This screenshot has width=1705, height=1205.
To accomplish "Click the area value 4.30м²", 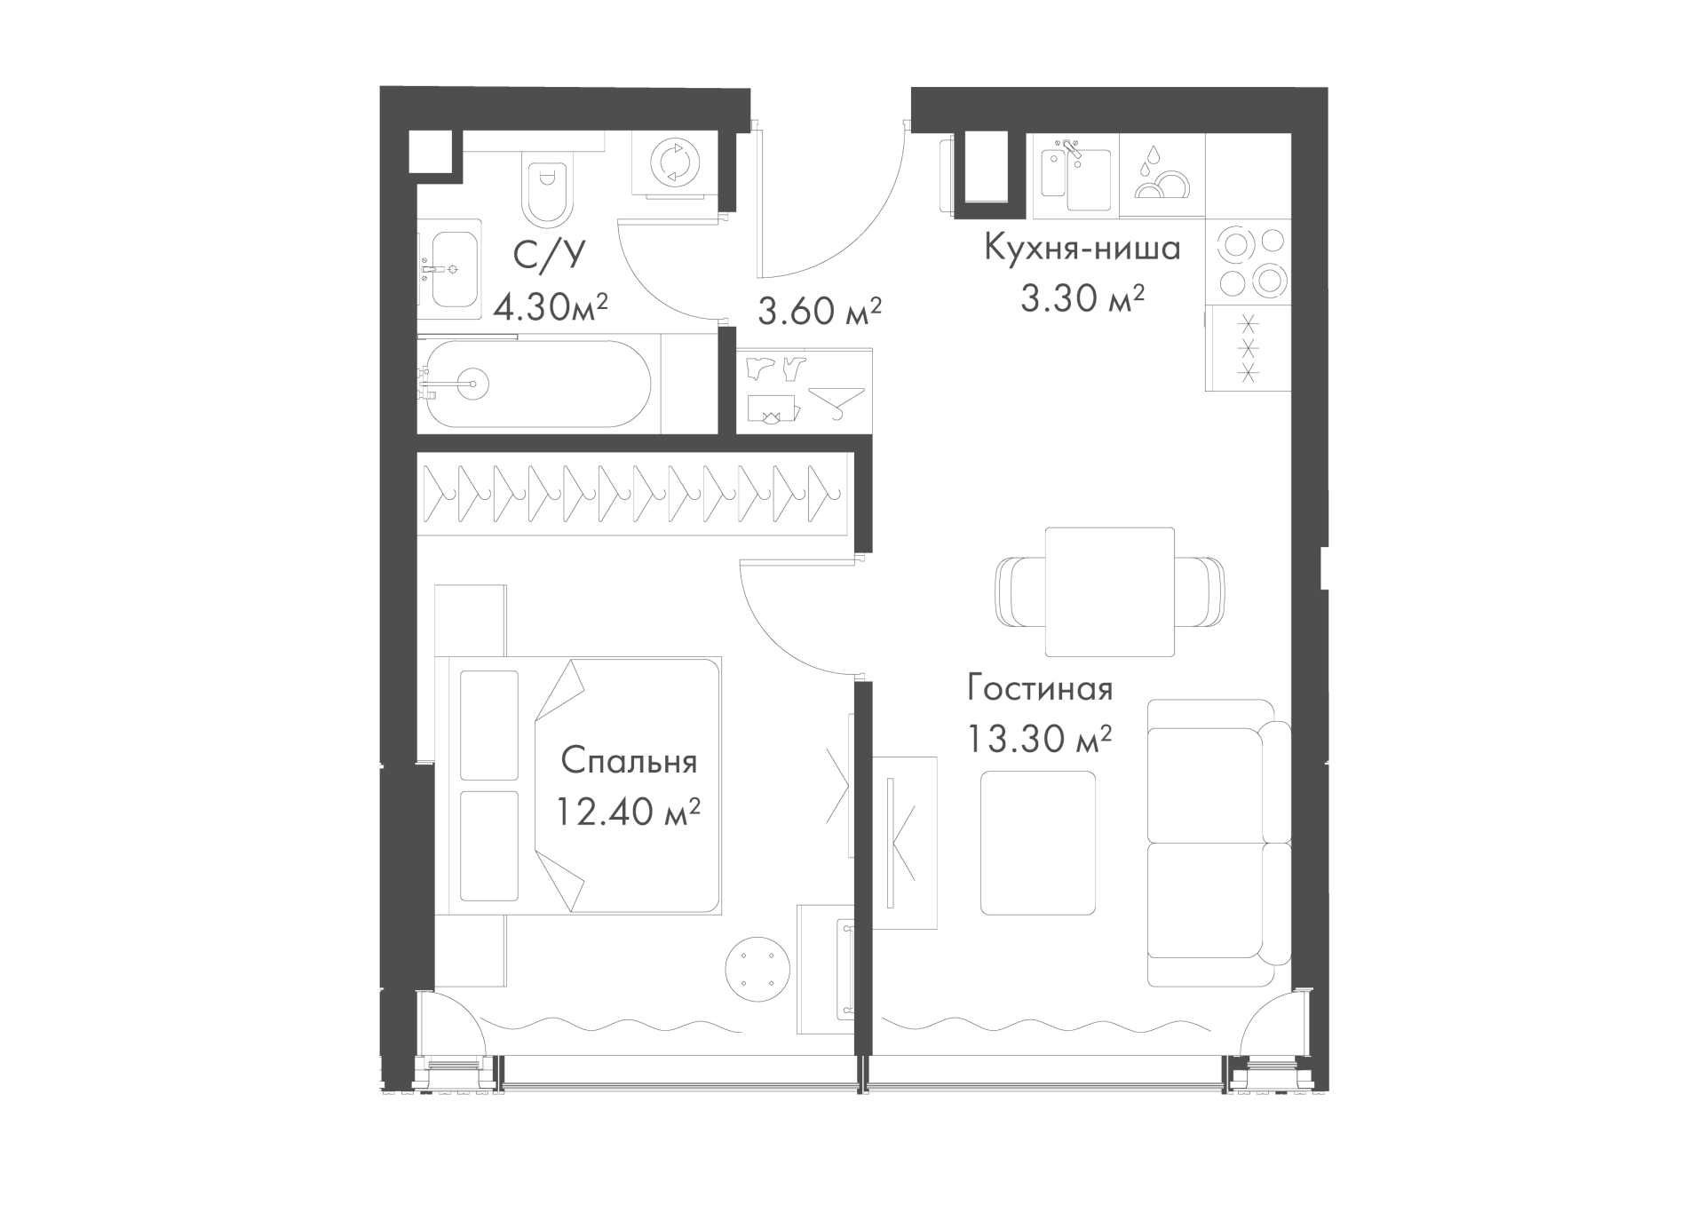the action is (x=551, y=309).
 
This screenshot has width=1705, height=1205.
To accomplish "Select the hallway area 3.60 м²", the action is (x=820, y=312).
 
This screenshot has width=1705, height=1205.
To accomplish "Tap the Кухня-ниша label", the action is (x=1082, y=248).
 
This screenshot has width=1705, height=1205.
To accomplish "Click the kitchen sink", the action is (x=1074, y=175).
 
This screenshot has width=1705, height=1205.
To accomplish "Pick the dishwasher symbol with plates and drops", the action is (x=1162, y=175).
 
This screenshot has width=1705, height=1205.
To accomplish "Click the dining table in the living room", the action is (x=1109, y=591).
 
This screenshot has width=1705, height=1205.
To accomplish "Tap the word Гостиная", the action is (x=1040, y=689).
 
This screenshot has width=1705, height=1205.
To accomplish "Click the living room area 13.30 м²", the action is (x=1040, y=738).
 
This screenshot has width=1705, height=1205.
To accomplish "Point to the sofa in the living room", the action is (x=1218, y=843).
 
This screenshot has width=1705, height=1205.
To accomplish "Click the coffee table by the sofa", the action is (x=1038, y=843).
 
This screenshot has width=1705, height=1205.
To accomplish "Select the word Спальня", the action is (x=629, y=762).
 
